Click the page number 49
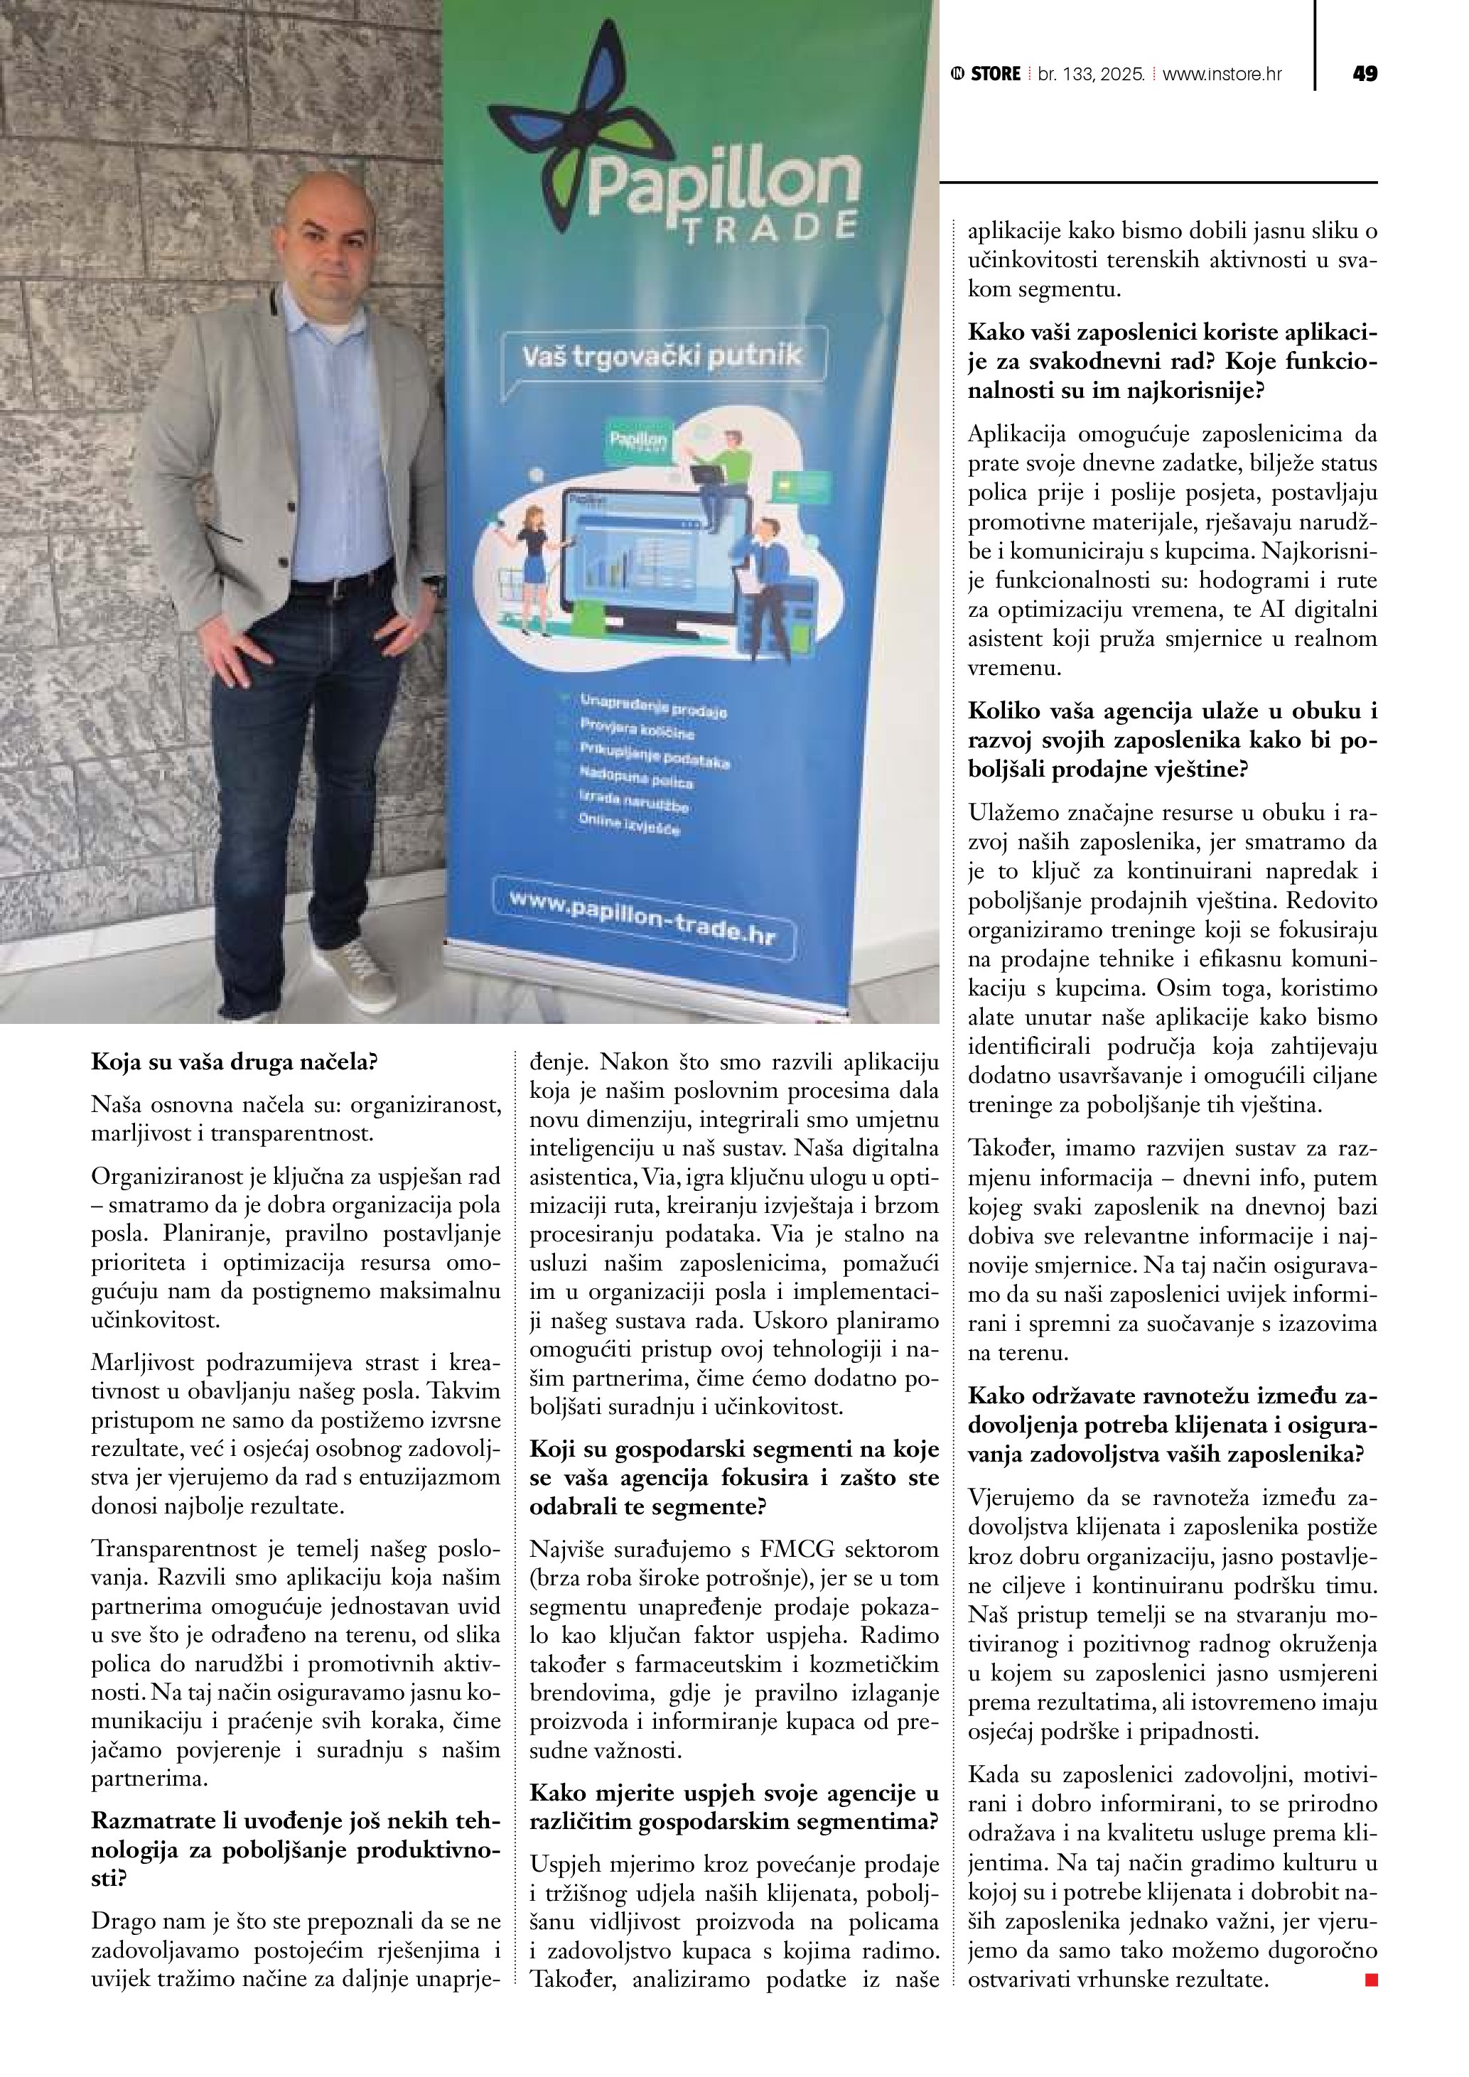[1364, 74]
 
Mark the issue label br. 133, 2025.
[1091, 74]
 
